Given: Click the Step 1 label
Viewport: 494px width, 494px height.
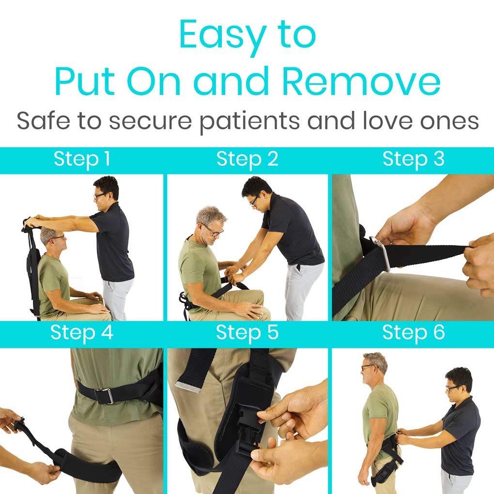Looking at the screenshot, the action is click(x=82, y=159).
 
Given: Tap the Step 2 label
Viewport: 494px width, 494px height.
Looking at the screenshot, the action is click(x=247, y=159).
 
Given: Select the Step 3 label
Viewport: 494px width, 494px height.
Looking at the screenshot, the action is click(x=413, y=159).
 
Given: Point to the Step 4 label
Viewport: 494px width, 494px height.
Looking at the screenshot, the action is click(x=82, y=333).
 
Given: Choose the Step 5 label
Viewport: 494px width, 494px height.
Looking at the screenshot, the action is click(x=247, y=333).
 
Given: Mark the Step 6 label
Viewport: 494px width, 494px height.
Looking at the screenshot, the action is click(x=413, y=333).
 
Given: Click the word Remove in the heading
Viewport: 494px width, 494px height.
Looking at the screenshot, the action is click(x=361, y=81).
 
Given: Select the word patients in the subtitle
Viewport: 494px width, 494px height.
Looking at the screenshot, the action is click(x=250, y=122).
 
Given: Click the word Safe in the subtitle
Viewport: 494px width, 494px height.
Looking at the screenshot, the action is click(x=43, y=121).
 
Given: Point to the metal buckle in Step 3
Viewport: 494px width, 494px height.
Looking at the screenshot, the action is click(x=382, y=253).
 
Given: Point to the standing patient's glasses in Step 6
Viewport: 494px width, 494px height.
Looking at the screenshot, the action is click(x=368, y=367).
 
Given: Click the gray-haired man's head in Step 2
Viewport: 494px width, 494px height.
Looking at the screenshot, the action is click(x=211, y=224).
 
